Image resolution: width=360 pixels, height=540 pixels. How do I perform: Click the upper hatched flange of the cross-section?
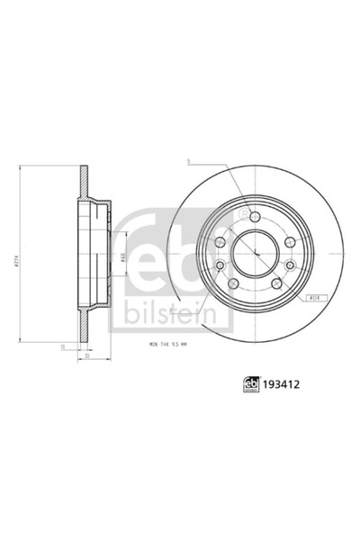(x=85, y=181)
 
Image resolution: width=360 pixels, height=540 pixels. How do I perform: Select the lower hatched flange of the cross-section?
(x=85, y=328)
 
